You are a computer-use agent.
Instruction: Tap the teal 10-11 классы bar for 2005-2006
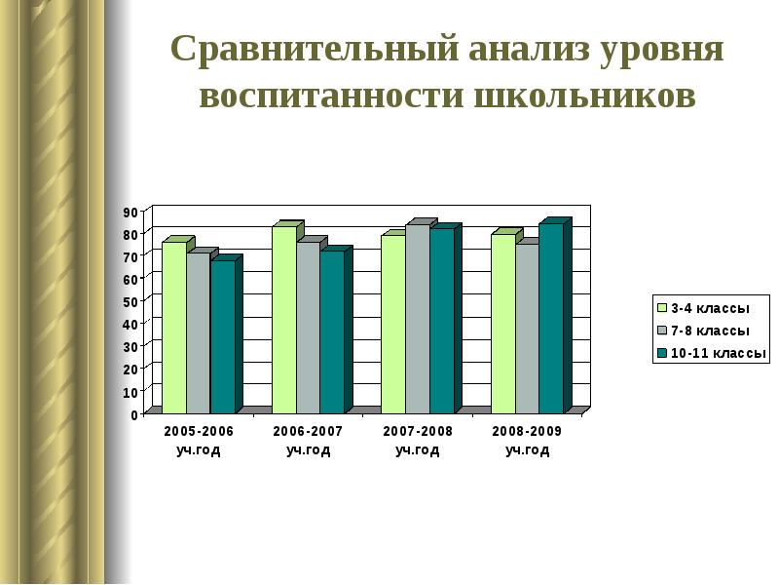(222, 336)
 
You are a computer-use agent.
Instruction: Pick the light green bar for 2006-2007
(283, 319)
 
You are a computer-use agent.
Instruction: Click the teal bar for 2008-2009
(550, 318)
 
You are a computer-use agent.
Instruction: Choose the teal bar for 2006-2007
(331, 331)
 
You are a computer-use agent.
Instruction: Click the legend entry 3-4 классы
(708, 308)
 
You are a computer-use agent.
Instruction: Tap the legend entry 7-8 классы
(708, 331)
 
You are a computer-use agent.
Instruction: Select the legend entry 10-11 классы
(713, 353)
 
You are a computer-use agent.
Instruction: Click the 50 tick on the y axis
(130, 302)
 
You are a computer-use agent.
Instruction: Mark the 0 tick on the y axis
(133, 414)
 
